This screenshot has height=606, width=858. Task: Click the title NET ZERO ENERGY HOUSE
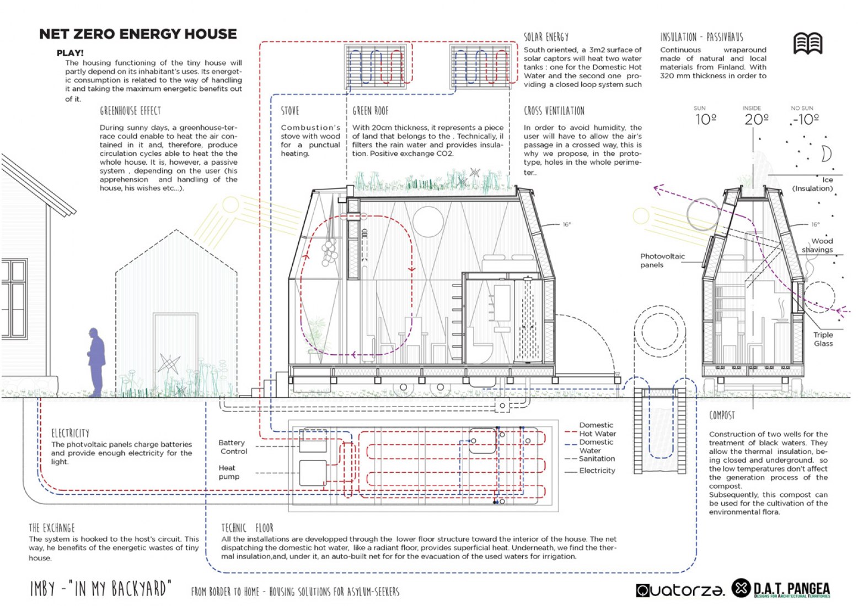pos(138,34)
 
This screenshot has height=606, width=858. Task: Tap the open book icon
pos(807,43)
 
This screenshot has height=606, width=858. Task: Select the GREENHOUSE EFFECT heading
pos(130,111)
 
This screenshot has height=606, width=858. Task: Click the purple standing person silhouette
pos(96,362)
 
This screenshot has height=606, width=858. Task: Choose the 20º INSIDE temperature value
pos(757,120)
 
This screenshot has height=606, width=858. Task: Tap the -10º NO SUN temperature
pos(806,120)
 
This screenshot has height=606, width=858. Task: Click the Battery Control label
pos(233,447)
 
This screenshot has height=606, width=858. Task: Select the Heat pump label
pos(229,472)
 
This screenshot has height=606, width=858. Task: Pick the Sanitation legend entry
pos(597,458)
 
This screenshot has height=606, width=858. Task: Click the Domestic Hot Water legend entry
pos(597,429)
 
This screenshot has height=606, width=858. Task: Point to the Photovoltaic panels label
pos(662,261)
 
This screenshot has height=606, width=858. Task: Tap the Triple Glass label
pos(823,339)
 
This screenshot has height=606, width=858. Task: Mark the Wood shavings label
pos(818,245)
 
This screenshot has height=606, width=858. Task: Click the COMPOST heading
pos(722,415)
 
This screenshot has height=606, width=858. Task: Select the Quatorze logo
pos(680,590)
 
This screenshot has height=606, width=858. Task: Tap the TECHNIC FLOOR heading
pos(247,528)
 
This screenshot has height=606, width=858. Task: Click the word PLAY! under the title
pos(69,53)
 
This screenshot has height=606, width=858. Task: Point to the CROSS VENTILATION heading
pos(554,111)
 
